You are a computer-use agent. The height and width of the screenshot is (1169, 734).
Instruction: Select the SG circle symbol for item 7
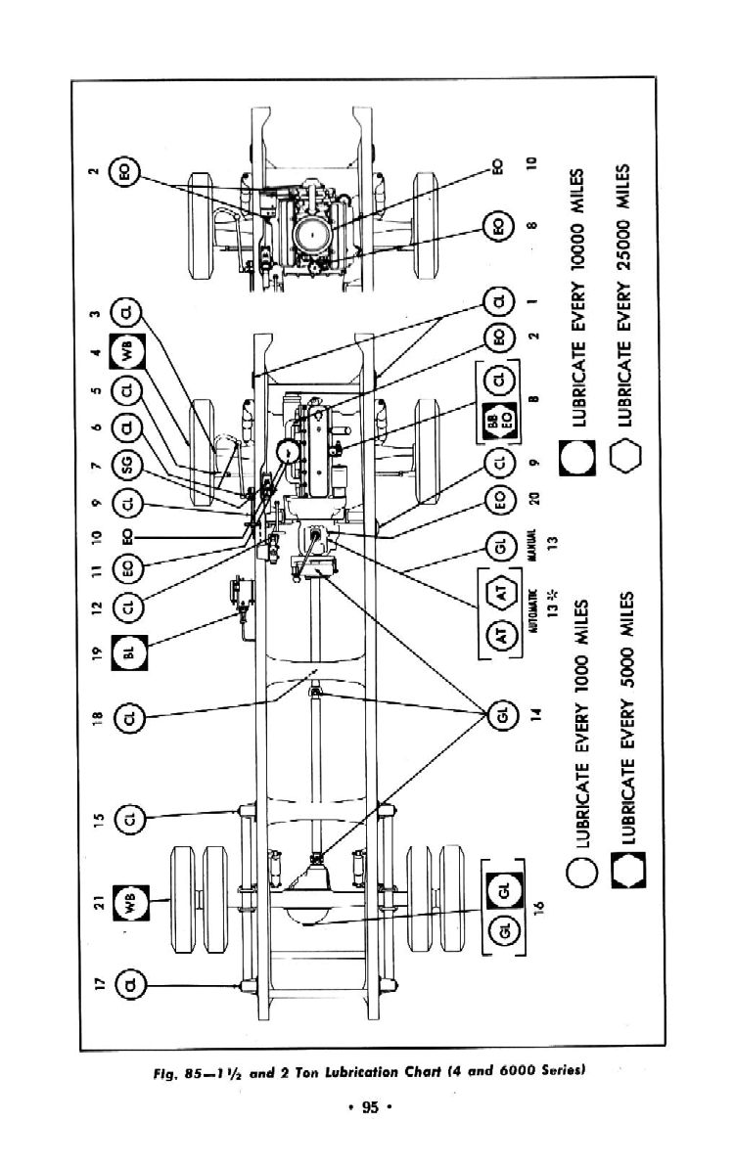(128, 465)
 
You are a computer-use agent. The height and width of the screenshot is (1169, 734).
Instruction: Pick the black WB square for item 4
(128, 349)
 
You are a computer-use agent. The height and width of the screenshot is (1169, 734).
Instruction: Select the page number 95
(368, 1107)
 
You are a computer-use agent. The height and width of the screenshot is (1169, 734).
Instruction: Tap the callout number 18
(95, 721)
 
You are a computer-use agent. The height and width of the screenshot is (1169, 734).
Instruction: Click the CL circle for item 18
(128, 721)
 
